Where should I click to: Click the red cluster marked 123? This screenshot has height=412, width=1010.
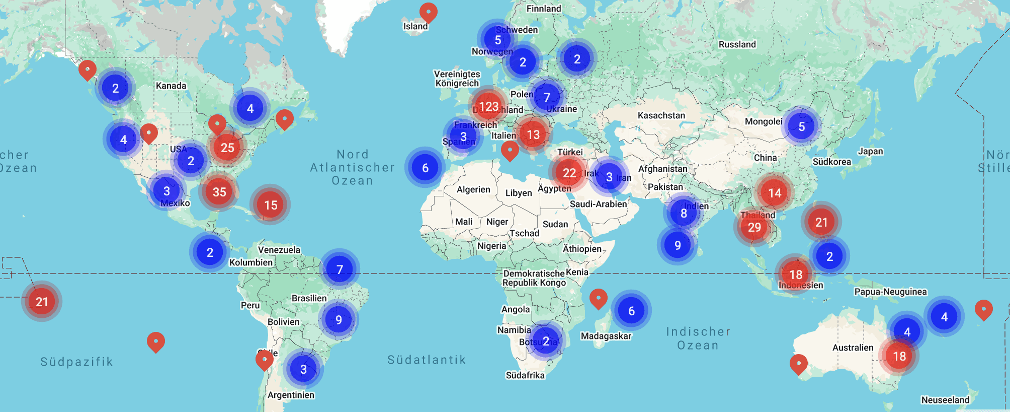point(488,107)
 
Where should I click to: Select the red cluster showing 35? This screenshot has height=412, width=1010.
point(219,192)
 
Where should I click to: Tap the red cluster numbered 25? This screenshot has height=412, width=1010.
point(227,148)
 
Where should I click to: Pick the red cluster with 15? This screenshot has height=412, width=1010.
point(271,205)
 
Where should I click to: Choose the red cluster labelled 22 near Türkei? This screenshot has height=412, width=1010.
point(569,173)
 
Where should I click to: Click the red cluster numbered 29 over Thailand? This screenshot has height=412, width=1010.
point(754,227)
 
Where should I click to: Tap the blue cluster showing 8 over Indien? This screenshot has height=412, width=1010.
point(684,213)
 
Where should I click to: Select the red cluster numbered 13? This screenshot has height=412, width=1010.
point(533,134)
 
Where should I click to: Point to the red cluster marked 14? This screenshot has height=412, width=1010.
point(775,193)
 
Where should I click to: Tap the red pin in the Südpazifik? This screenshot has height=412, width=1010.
point(156,341)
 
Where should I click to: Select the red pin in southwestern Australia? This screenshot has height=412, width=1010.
point(798,363)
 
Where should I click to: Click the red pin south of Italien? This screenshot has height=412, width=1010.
point(510,150)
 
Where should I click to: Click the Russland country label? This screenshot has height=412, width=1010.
point(737,44)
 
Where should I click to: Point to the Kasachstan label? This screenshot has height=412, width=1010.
point(661,115)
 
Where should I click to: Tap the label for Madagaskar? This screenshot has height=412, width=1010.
point(606,336)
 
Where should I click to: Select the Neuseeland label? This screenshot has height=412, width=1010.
point(945,400)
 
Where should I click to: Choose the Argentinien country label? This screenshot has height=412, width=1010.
point(291,395)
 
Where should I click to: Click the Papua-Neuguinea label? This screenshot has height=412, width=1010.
point(890,292)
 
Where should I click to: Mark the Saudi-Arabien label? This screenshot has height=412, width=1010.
point(598,204)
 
